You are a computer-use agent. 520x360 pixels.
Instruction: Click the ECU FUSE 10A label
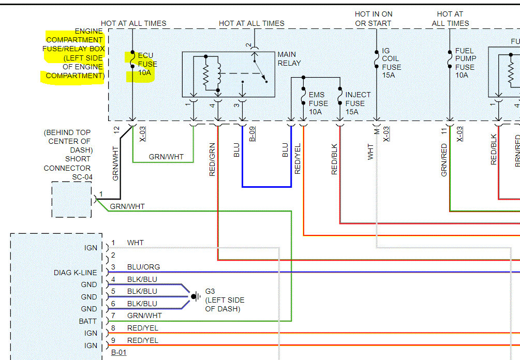tap(147, 64)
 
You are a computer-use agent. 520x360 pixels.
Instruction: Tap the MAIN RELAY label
tap(289, 58)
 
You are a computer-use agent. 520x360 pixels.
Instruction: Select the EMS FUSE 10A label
tap(318, 103)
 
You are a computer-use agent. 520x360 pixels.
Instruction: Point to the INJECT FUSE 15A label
tap(358, 103)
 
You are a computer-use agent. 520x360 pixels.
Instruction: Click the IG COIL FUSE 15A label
tap(391, 63)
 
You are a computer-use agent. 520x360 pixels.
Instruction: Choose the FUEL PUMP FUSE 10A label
tap(465, 63)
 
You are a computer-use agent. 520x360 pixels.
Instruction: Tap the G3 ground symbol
tap(196, 296)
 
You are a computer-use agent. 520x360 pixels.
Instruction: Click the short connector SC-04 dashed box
tap(71, 200)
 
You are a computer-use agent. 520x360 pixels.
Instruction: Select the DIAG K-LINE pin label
tap(75, 273)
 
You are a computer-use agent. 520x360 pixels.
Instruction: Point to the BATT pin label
tap(87, 321)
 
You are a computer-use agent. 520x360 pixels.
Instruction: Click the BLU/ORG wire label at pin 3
tap(143, 267)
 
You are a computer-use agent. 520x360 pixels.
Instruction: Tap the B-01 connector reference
tap(118, 352)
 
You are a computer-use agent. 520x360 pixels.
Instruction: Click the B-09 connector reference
tap(252, 134)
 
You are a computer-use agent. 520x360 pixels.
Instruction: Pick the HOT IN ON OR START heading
tap(374, 19)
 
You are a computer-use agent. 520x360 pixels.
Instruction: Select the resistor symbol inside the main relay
tap(205, 74)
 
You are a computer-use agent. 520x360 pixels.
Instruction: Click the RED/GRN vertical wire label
tap(212, 159)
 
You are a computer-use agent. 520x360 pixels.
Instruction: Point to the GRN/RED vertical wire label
tap(444, 160)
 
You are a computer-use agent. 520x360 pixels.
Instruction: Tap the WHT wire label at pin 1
tap(136, 243)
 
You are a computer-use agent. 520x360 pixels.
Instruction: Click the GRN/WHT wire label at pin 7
tap(144, 316)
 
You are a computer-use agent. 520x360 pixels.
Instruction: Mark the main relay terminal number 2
tap(249, 45)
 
